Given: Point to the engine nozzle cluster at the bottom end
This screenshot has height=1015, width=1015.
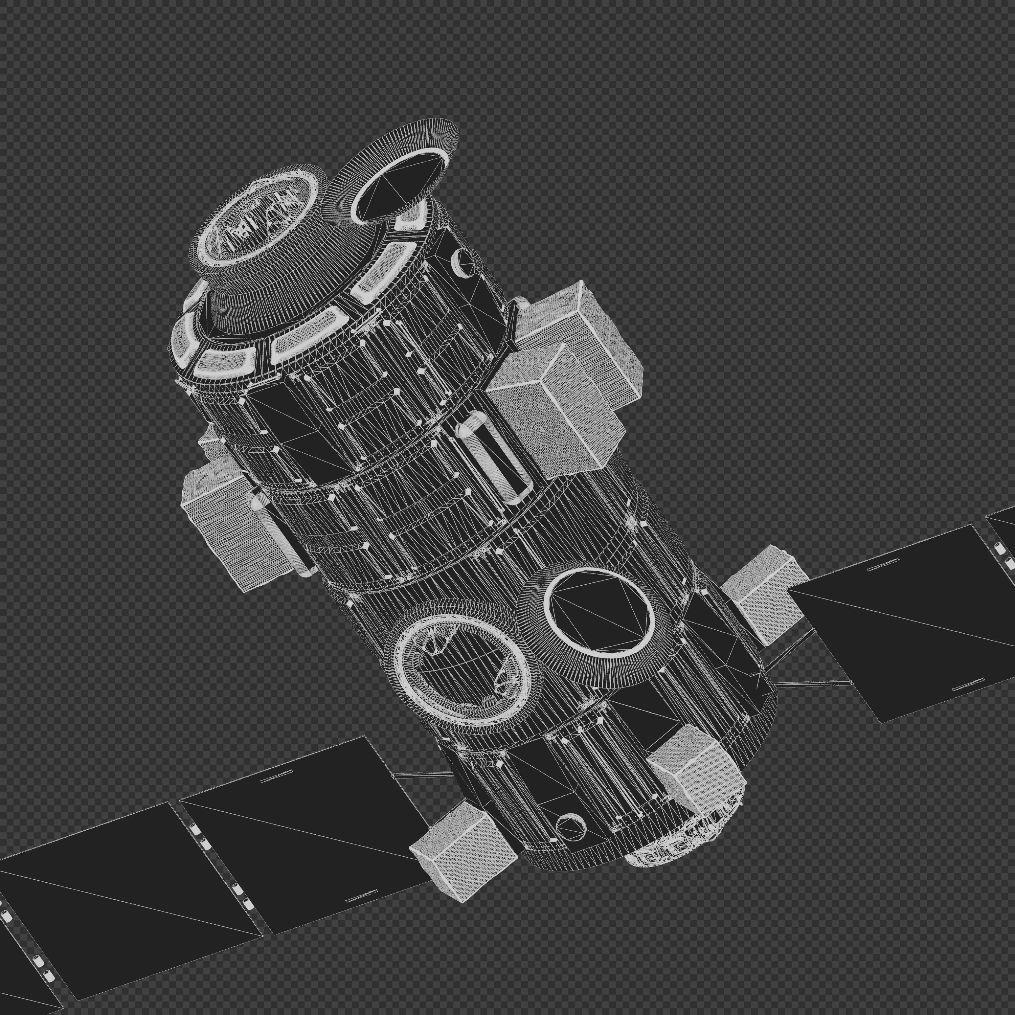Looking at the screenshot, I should point(683,835).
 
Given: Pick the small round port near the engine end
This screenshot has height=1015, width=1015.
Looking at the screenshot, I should point(571,829).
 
